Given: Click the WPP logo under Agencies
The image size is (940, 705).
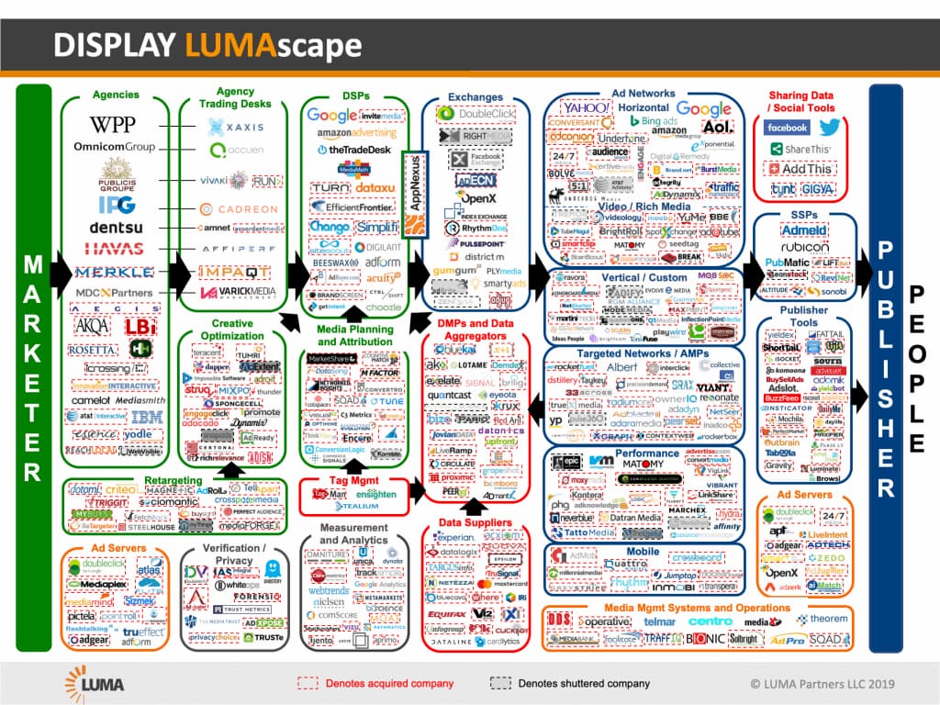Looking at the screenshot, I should point(113,124).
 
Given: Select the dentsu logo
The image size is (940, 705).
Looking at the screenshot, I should point(113,227).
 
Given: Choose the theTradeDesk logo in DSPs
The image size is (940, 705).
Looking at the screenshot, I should point(353,150).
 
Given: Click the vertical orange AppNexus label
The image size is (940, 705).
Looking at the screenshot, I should point(415,198).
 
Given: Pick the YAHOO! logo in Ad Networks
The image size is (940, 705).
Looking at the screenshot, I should point(586,108).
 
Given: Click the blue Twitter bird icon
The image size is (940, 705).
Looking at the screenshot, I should point(829,128).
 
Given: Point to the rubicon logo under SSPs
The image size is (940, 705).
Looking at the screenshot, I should point(805,247).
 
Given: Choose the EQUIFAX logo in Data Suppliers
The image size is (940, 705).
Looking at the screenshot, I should point(447,613).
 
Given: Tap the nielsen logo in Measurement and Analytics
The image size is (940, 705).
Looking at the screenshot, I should point(329,605).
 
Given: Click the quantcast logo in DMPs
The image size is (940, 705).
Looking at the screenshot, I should point(450,396).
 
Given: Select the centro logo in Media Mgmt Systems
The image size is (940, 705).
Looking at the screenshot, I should point(711,621).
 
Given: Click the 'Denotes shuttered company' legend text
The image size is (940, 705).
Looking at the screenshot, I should point(584,683).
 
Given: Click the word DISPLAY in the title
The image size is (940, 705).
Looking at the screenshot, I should point(116,46).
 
